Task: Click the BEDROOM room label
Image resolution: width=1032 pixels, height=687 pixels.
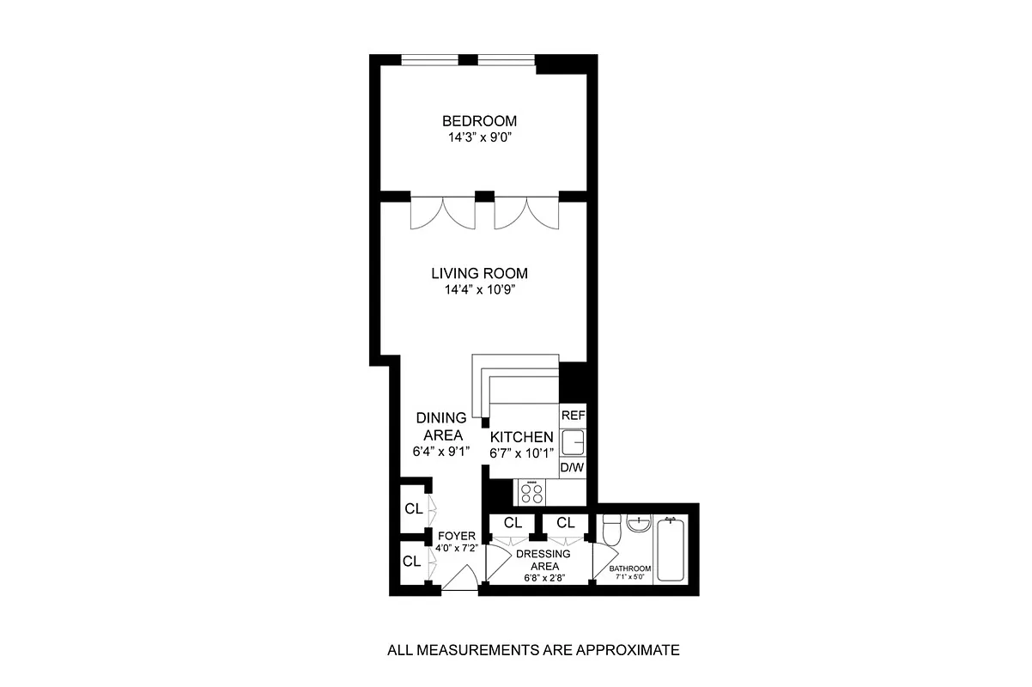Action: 479,121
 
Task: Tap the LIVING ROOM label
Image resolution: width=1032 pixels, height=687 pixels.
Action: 479,274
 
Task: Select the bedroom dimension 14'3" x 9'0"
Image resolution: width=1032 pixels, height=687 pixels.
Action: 479,137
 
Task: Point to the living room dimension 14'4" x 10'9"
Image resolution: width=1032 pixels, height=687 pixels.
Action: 479,289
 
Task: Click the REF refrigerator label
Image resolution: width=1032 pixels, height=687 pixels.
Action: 572,415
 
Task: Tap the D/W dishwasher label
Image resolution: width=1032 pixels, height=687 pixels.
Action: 572,467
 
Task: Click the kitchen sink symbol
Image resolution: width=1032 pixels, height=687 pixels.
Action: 572,442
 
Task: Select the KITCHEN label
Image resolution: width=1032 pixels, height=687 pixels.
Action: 522,437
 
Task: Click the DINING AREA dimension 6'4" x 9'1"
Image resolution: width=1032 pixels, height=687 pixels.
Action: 440,452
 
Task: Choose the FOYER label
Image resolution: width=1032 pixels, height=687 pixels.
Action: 456,536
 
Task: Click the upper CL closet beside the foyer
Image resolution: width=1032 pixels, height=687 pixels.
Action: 413,508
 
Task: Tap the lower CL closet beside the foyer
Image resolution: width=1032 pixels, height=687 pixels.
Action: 411,562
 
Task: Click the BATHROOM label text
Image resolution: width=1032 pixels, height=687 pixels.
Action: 630,568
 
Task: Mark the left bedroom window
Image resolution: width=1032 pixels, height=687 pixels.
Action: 429,59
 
